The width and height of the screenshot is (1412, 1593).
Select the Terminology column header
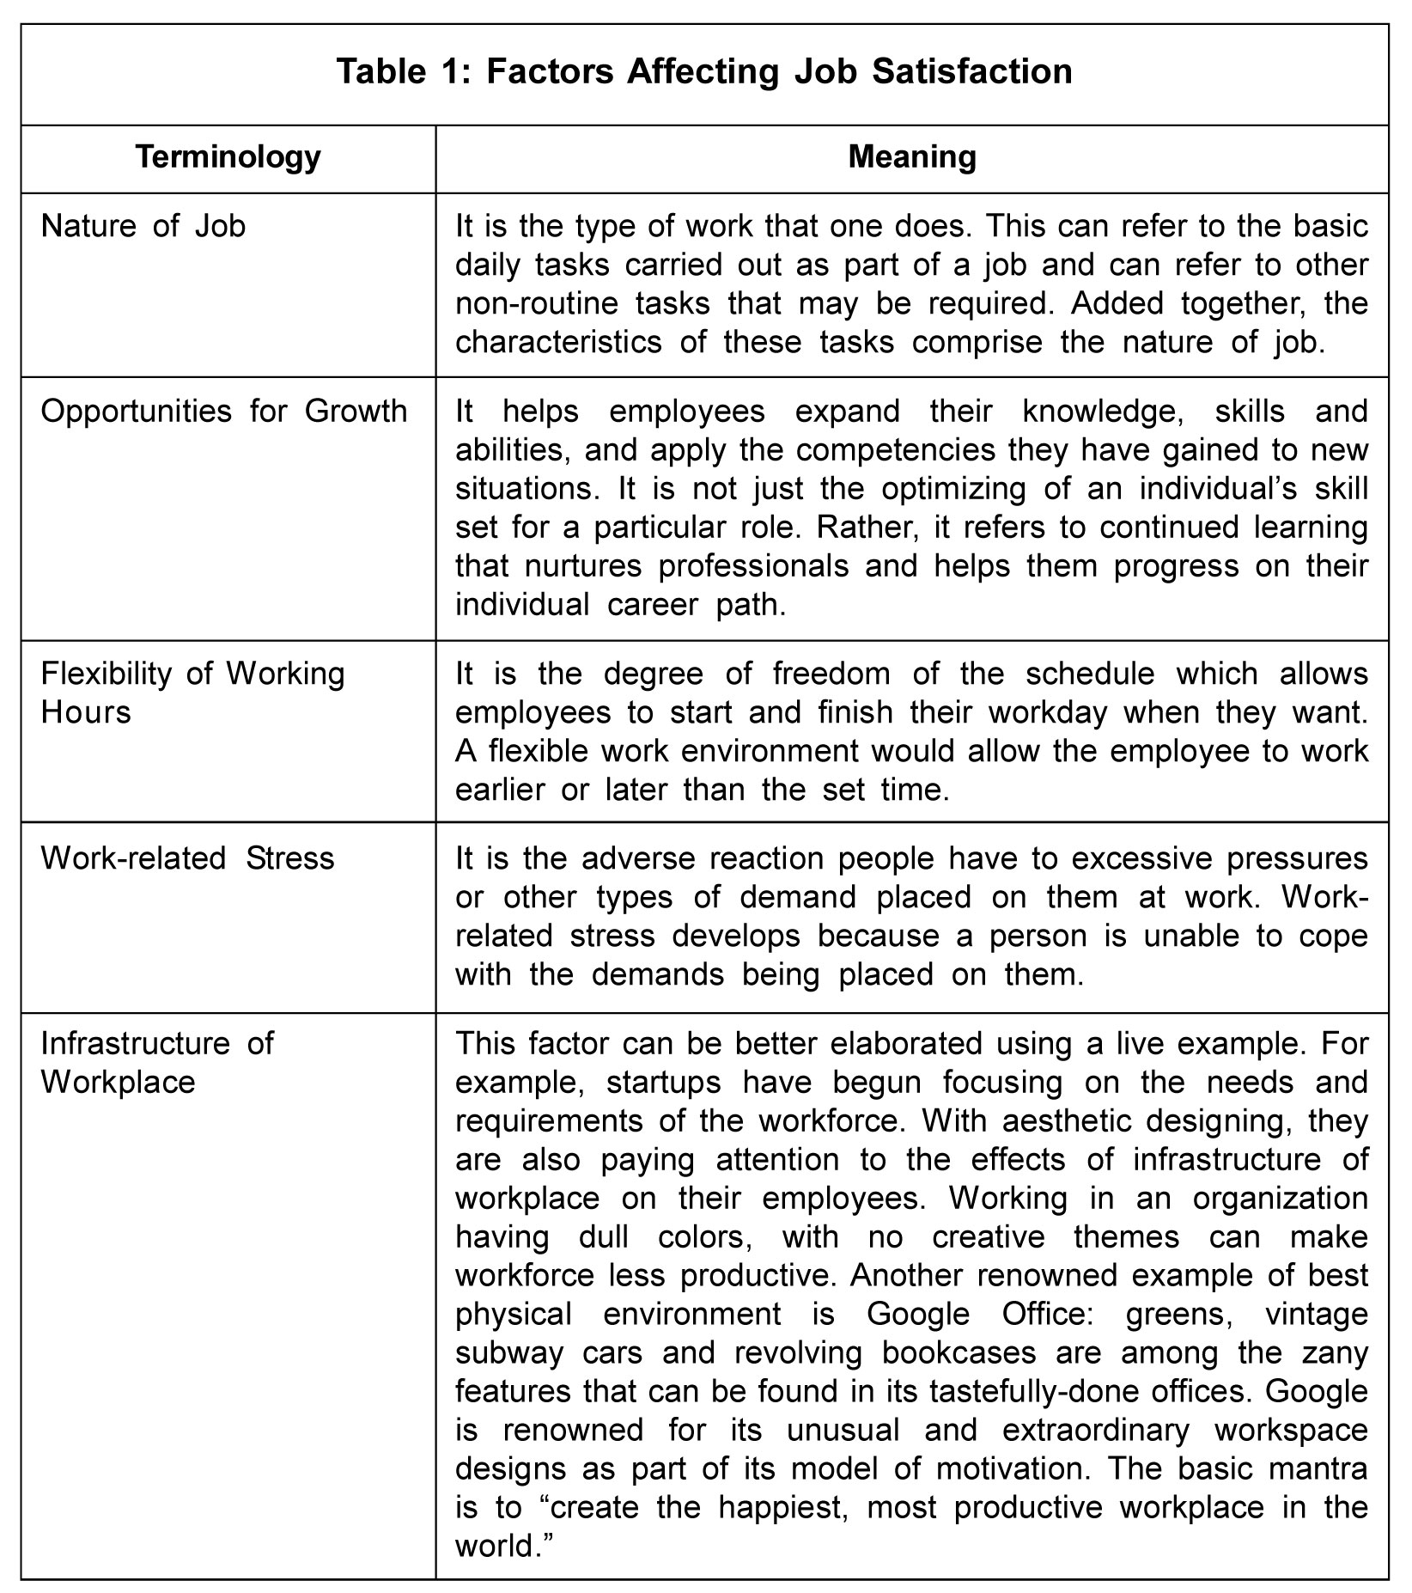click(x=228, y=157)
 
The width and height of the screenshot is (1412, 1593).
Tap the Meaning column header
click(x=911, y=157)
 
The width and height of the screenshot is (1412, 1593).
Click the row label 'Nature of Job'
click(x=143, y=226)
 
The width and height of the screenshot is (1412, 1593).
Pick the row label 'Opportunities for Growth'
click(x=223, y=412)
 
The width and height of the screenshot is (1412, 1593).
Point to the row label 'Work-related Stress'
click(x=187, y=858)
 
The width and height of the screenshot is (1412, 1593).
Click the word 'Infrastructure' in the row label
click(x=135, y=1043)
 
